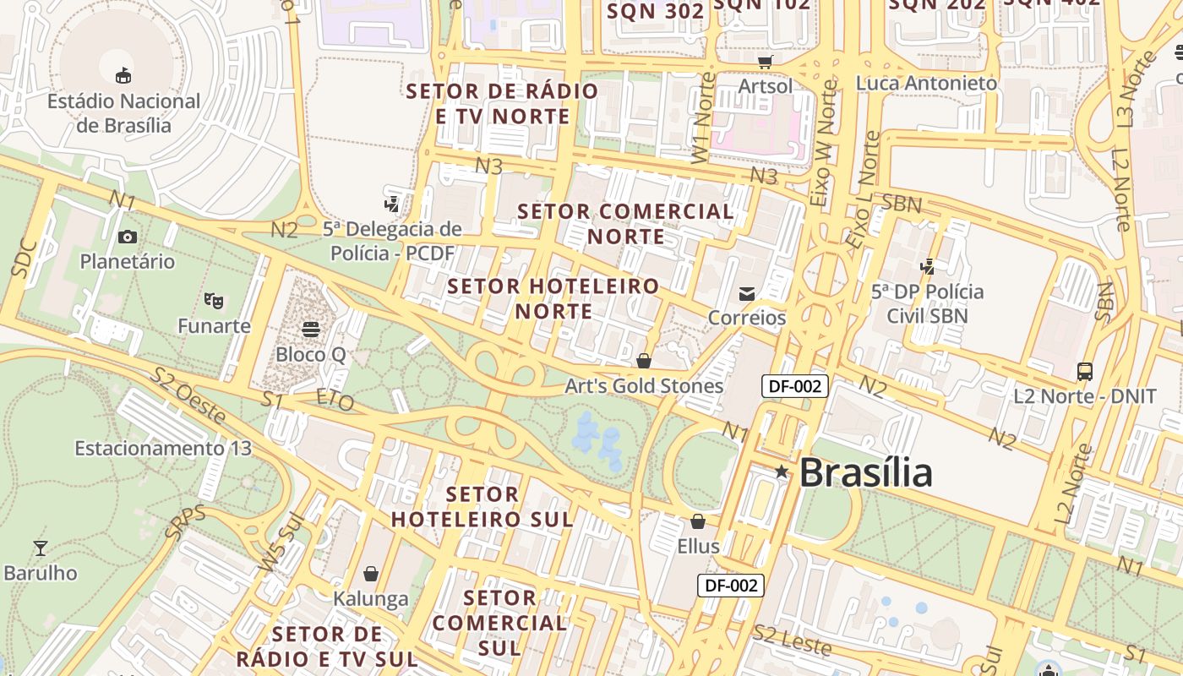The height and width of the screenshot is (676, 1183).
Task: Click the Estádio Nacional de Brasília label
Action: [123, 113]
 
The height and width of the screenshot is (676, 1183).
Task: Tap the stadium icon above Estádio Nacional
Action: [123, 75]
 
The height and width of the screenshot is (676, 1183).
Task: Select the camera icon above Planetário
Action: [128, 237]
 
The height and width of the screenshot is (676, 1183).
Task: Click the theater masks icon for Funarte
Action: [214, 300]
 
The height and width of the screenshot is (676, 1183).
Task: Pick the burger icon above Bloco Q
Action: [311, 329]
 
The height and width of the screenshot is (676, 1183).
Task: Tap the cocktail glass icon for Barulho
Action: [40, 548]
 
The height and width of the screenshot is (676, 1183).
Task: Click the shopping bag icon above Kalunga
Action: [370, 574]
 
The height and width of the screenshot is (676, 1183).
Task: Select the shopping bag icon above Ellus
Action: [698, 521]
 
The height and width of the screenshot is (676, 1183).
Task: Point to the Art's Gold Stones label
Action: [644, 386]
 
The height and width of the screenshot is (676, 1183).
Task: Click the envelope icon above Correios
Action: [747, 293]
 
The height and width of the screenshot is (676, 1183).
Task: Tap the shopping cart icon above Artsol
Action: [766, 62]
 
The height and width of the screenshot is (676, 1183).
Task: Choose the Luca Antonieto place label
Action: [926, 83]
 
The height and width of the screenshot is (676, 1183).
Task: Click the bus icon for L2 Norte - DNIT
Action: [1085, 371]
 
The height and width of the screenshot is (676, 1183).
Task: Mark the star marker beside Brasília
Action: [782, 472]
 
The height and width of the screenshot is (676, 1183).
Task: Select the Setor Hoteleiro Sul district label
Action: [482, 506]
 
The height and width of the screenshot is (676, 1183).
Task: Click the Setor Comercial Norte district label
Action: [626, 223]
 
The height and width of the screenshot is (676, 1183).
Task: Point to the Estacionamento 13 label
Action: [163, 448]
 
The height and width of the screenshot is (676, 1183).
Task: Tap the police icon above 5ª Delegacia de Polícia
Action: [391, 204]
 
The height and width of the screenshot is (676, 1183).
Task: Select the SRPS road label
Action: [185, 523]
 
